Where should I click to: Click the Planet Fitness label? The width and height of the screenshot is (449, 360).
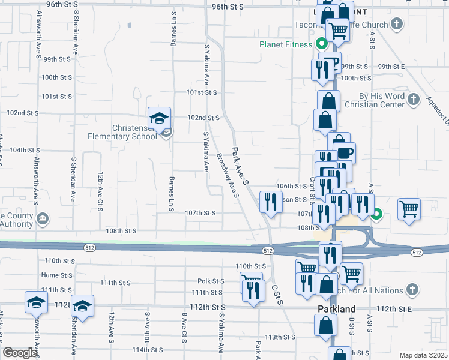[286, 44]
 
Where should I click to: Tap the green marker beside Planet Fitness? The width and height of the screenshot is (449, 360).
[321, 44]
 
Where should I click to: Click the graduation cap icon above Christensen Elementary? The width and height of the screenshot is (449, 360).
[160, 117]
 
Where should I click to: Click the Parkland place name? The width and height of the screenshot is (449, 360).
[336, 309]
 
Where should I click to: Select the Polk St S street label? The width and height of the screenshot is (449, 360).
[211, 281]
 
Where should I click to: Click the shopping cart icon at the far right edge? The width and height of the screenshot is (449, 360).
[409, 209]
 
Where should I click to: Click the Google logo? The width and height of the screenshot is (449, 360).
[20, 353]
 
